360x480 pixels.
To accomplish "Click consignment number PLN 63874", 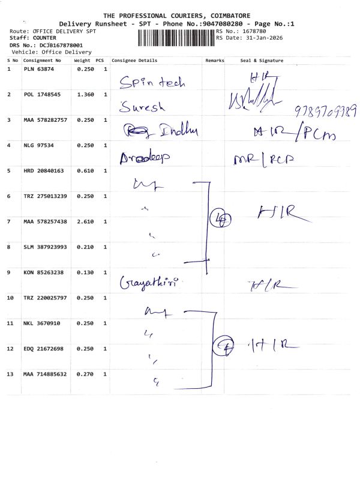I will (39, 70).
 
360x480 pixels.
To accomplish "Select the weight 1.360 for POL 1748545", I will (82, 95).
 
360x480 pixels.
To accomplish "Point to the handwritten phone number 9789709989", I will (326, 112).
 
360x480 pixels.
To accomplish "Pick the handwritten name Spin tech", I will (152, 83).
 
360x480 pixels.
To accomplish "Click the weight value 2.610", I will (82, 221).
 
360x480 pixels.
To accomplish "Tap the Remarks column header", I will (214, 61).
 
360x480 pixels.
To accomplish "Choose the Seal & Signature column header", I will (262, 61).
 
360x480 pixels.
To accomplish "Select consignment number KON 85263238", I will (44, 272).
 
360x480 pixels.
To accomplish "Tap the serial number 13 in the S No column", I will (10, 374).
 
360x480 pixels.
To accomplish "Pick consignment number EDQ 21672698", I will (44, 349).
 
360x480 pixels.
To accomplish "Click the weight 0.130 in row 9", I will (82, 272).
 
